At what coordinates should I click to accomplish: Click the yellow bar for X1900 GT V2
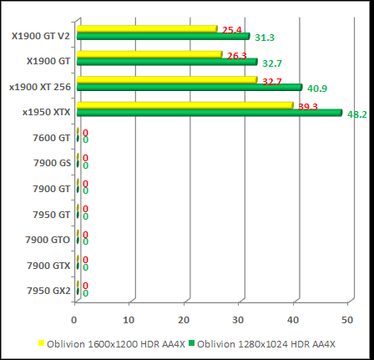pyautogui.click(x=147, y=29)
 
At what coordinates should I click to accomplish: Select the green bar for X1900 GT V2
pyautogui.click(x=163, y=37)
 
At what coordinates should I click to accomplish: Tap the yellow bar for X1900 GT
pyautogui.click(x=149, y=55)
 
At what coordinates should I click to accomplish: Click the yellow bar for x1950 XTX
pyautogui.click(x=184, y=105)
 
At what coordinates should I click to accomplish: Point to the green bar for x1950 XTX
pyautogui.click(x=209, y=113)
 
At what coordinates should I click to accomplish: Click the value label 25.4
pyautogui.click(x=232, y=30)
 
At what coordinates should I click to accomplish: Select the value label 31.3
pyautogui.click(x=264, y=38)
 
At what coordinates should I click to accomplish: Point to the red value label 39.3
pyautogui.click(x=308, y=107)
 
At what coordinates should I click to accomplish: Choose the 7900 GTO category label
pyautogui.click(x=49, y=240)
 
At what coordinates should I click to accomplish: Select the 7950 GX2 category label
pyautogui.click(x=49, y=291)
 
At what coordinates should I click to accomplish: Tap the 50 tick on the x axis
pyautogui.click(x=347, y=319)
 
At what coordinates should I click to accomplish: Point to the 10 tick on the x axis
pyautogui.click(x=129, y=319)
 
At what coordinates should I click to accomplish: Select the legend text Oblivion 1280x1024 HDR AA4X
pyautogui.click(x=268, y=343)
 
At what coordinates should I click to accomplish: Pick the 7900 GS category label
pyautogui.click(x=53, y=163)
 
